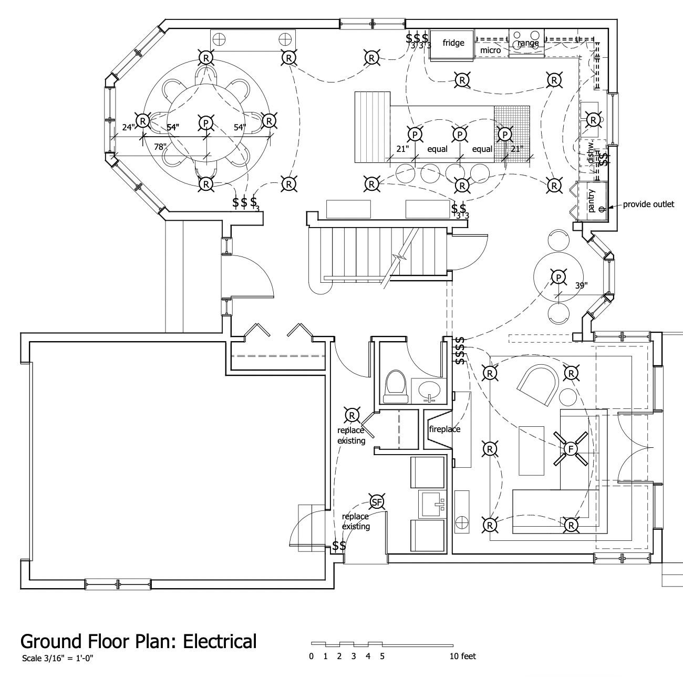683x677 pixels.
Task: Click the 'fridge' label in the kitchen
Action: click(453, 43)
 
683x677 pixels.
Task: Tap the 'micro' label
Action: click(490, 50)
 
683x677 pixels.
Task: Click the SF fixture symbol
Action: click(376, 502)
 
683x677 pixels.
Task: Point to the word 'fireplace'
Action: click(444, 429)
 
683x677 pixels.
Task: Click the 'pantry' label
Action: click(591, 200)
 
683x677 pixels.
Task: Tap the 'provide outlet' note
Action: click(648, 204)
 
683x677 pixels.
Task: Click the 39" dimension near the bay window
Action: click(581, 285)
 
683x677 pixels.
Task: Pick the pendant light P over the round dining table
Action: click(205, 122)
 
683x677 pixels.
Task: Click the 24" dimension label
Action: click(128, 127)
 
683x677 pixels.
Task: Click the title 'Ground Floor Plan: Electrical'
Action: click(139, 641)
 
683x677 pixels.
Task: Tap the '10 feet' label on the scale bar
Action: click(462, 656)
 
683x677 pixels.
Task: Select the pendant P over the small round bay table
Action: click(558, 277)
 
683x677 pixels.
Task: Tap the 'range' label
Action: click(528, 43)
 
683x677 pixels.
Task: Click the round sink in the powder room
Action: click(430, 389)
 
